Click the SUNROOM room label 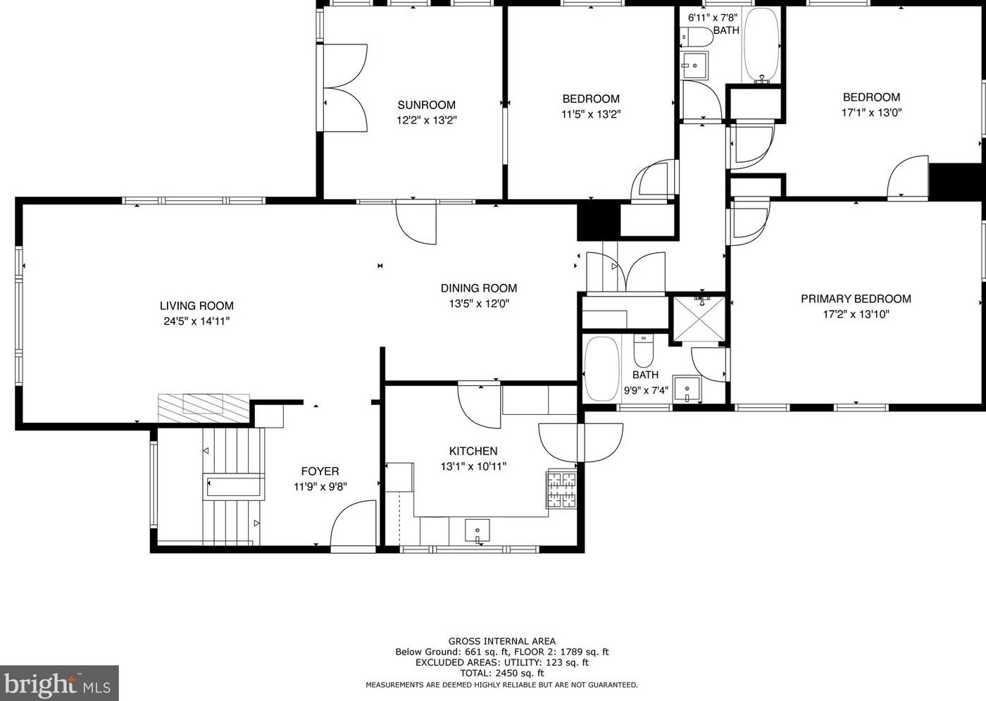coord(427,105)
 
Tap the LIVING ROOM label coord(196,306)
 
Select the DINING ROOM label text coord(479,288)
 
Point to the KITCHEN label coord(473,451)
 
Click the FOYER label coord(320,471)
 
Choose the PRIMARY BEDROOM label coord(856,299)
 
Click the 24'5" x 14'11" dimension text coord(196,321)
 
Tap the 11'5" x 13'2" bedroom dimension coord(591,114)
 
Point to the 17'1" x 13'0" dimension coord(872,113)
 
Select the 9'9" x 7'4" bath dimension coord(646,390)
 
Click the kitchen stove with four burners coord(562,490)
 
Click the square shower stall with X coord(699,318)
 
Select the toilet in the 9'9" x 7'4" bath coord(644,351)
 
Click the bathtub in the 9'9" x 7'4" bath coord(601,369)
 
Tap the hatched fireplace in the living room coord(204,408)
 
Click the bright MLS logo coord(59,683)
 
